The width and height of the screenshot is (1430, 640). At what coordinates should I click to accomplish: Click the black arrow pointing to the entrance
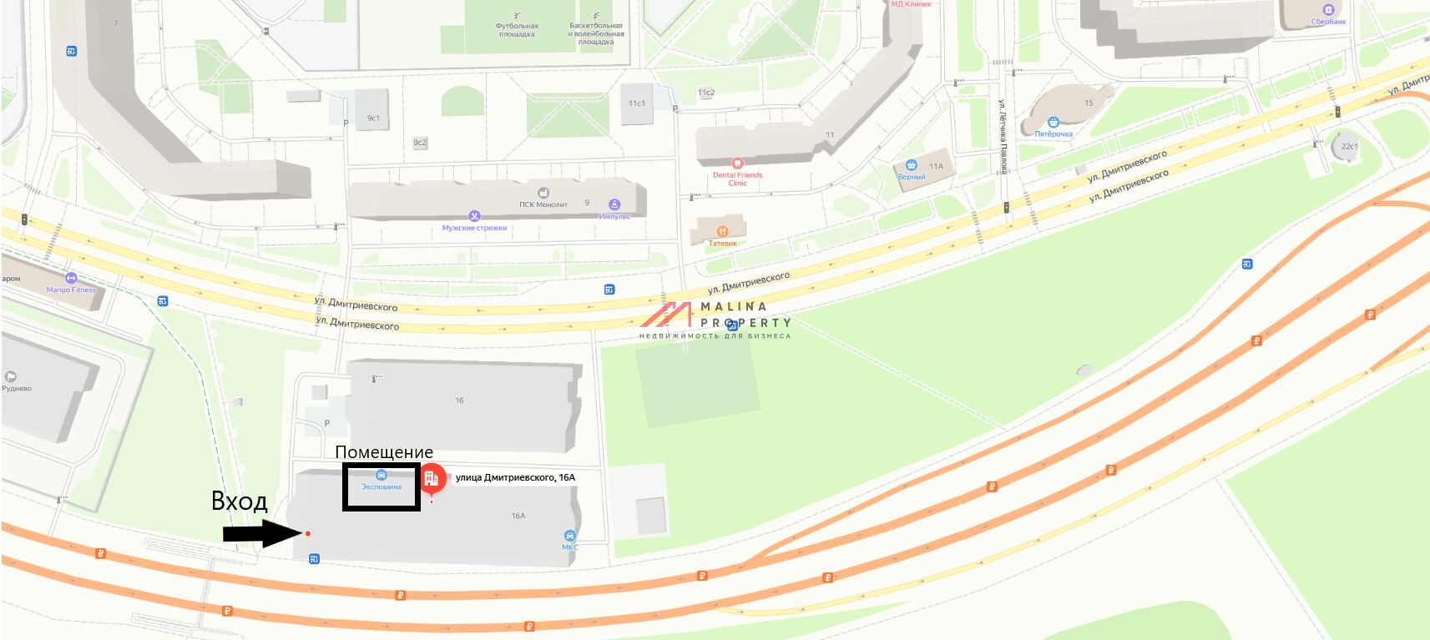click(260, 533)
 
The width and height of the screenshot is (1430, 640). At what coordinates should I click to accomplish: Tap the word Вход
click(239, 501)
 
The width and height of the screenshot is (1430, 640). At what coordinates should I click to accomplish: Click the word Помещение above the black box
click(384, 452)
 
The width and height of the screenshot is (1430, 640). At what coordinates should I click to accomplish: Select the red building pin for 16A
click(432, 479)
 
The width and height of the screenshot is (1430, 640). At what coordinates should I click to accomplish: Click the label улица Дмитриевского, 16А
click(515, 477)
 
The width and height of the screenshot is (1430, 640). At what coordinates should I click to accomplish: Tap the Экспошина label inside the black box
click(382, 486)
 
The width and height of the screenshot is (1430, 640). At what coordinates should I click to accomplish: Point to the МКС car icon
click(570, 536)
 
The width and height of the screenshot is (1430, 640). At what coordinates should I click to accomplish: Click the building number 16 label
click(459, 401)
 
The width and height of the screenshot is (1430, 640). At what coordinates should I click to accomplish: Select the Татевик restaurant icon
click(723, 231)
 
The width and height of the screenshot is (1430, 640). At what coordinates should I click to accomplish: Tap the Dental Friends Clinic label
click(738, 179)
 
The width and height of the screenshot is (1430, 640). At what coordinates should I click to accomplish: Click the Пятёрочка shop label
click(1054, 134)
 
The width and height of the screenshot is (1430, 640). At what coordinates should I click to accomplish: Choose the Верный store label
click(912, 177)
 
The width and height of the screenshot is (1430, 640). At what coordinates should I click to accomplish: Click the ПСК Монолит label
click(543, 204)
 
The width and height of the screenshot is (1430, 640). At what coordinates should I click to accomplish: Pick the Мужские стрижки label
click(474, 228)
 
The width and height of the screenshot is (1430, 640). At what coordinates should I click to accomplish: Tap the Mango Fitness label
click(71, 290)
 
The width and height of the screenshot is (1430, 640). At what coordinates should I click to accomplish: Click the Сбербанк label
click(1328, 22)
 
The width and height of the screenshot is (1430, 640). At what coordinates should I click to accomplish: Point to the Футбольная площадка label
click(518, 30)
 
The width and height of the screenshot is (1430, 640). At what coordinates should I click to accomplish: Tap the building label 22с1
click(1349, 146)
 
